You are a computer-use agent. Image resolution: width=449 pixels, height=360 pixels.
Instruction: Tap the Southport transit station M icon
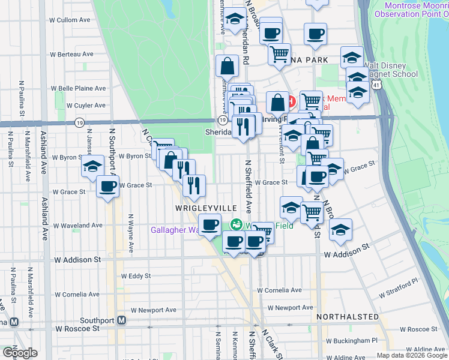(121, 320)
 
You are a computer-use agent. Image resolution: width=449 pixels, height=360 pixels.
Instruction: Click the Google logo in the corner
(20, 353)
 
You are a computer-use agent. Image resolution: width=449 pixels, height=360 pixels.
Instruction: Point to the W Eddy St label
(136, 277)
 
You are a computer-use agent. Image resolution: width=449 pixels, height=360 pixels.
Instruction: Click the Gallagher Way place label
(174, 230)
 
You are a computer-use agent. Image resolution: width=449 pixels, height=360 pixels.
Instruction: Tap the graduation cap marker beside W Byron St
(93, 166)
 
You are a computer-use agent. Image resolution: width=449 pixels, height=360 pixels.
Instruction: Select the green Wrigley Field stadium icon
(237, 224)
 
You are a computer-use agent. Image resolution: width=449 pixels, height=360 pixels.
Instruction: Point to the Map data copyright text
(412, 355)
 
